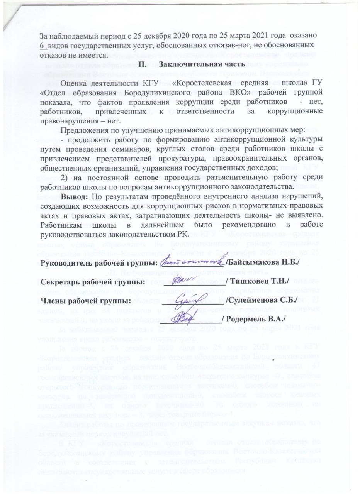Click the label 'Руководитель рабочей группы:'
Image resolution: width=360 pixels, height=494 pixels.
click(99, 263)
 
